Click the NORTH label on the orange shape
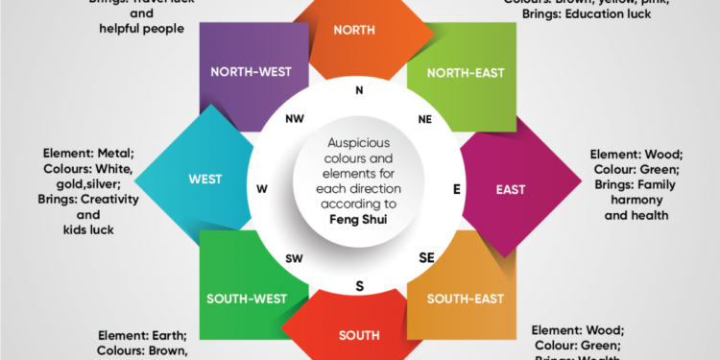coord(354,30)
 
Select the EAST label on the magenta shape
coord(511,189)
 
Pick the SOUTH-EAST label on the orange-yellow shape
coord(466,299)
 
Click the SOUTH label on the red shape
coord(358,335)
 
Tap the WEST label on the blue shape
coord(205,179)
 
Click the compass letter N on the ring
coord(359,91)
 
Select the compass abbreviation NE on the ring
coord(425,120)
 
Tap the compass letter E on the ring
coord(457,189)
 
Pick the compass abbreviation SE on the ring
coord(427,257)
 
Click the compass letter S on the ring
coord(359,285)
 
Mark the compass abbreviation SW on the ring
coord(294,257)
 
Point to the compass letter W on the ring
coord(261,188)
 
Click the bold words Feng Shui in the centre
coord(360,219)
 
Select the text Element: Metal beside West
coord(87,154)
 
